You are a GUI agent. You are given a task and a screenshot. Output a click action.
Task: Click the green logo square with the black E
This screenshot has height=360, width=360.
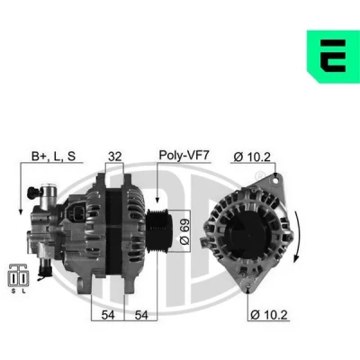pos(333,57)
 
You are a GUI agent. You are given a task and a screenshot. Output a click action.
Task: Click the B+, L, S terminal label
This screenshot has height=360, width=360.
pos(54,156)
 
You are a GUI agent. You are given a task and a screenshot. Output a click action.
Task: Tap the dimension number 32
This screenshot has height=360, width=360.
pos(115,157)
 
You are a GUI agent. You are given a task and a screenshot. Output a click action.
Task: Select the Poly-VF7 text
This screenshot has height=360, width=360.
pos(184,155)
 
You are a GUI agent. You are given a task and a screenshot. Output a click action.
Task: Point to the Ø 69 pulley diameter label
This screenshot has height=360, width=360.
pos(184,230)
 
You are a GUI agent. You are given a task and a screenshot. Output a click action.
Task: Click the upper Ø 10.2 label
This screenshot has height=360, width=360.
pos(252,157)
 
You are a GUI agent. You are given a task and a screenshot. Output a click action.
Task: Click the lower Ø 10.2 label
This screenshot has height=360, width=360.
pos(269,315)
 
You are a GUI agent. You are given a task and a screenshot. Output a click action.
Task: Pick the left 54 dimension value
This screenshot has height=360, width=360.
pos(108,315)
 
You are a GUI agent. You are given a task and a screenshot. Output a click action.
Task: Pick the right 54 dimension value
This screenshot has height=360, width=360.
pos(141,315)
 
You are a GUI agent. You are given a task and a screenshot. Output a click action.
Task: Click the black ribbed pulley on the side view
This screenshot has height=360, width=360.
pos(159,230)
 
